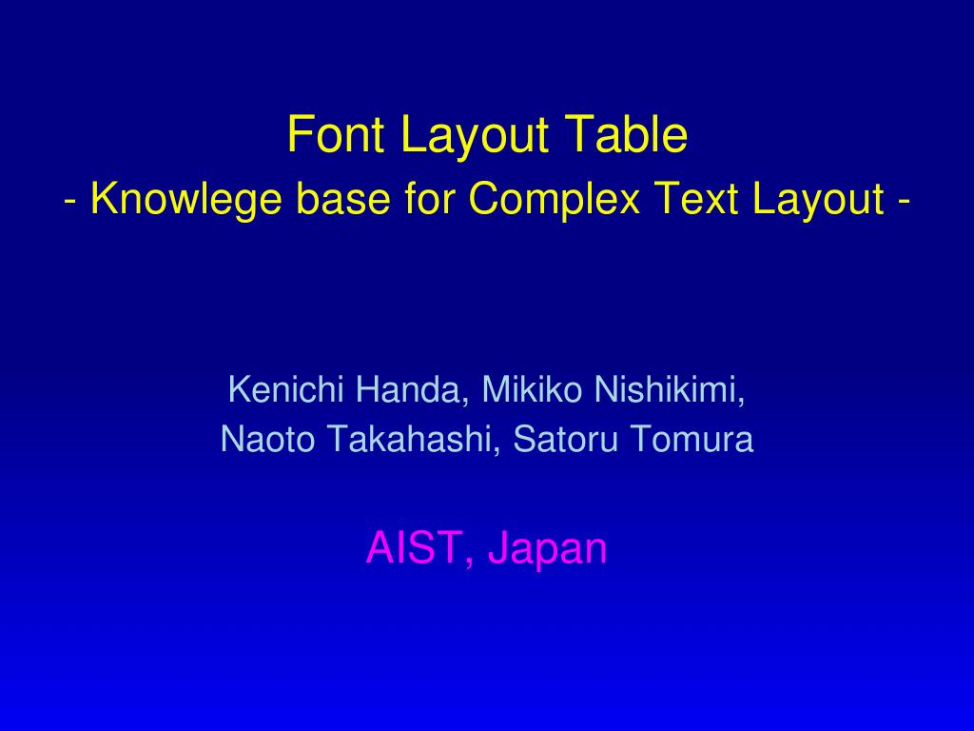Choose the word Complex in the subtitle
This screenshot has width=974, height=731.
point(555,200)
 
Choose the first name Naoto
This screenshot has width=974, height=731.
point(267,439)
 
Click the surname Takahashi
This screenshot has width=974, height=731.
point(414,440)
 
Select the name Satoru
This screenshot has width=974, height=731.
point(566,439)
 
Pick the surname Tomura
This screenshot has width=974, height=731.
point(692,439)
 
